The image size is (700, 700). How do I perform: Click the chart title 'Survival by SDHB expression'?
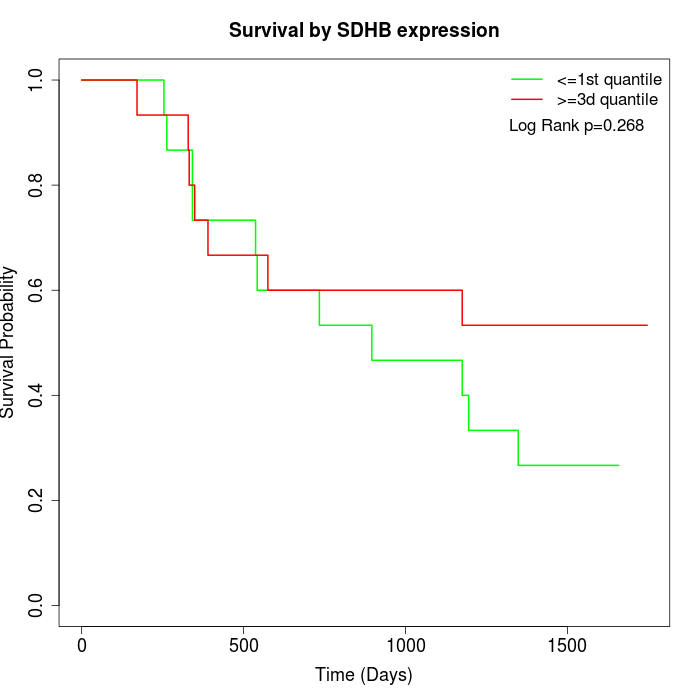coord(364,30)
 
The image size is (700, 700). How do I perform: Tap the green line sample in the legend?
coord(527,79)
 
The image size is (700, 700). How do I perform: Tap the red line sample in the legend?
coord(527,99)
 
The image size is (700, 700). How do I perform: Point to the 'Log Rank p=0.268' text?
coord(576,126)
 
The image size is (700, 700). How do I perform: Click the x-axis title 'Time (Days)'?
coord(364,675)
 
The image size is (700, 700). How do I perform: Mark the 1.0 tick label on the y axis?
coord(37,80)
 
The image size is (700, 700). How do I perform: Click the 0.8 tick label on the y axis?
coord(37,185)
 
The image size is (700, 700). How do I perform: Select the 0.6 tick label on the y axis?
coord(37,290)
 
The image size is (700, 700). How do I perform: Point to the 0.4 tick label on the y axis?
coord(37,395)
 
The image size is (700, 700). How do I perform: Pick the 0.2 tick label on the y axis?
coord(37,500)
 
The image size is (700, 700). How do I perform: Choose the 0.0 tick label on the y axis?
coord(37,605)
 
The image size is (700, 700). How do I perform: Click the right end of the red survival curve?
coord(647,325)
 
